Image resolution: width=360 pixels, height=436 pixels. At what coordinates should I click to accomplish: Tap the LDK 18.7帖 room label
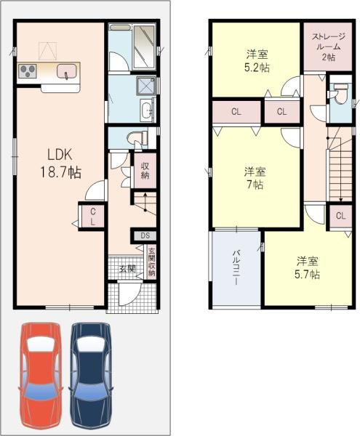[61, 163]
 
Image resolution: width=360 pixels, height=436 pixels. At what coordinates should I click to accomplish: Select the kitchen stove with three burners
[27, 71]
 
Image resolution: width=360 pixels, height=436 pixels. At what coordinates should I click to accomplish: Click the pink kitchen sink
[66, 71]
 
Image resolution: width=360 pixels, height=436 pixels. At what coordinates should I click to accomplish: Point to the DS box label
[145, 235]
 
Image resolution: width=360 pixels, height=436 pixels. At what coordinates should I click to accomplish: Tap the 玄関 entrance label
[128, 269]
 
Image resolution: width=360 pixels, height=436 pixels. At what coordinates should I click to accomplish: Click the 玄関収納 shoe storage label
[151, 262]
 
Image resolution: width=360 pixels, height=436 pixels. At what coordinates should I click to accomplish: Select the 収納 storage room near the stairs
[145, 171]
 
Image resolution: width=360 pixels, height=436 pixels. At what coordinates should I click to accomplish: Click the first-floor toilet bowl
[137, 137]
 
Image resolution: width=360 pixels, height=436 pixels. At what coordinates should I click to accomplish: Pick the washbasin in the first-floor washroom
[146, 110]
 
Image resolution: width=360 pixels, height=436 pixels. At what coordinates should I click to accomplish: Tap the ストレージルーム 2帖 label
[329, 47]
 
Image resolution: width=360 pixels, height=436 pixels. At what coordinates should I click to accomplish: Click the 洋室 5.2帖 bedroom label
[257, 61]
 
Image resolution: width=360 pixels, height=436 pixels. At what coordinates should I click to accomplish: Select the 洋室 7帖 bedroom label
[255, 178]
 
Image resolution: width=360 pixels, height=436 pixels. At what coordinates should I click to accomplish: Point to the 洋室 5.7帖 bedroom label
[307, 267]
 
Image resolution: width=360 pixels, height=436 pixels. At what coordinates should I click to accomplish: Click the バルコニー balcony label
[236, 267]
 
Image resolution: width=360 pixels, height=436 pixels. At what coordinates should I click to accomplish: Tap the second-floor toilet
[340, 93]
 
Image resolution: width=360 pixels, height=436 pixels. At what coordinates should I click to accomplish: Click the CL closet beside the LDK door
[92, 217]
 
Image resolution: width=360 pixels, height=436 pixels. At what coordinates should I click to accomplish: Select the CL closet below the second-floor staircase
[340, 216]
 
